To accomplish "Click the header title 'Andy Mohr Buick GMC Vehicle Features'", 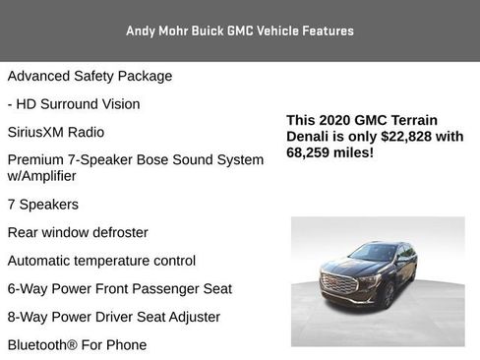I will coord(240,30).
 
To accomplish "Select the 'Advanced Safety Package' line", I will coord(90,76).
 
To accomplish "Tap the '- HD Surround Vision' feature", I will coord(74,103).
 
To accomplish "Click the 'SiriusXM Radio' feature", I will coord(56,132).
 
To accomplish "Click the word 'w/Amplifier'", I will coord(41,176).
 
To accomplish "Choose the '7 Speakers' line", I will coord(43,205).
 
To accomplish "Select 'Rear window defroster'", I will coord(78,232).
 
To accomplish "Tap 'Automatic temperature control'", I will coord(101,261).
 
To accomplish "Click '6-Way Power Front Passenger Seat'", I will coord(120,288).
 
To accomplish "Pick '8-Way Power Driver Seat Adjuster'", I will coord(114,317).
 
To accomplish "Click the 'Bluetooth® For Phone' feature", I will coord(77,345).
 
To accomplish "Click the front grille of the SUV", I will coord(339,282).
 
